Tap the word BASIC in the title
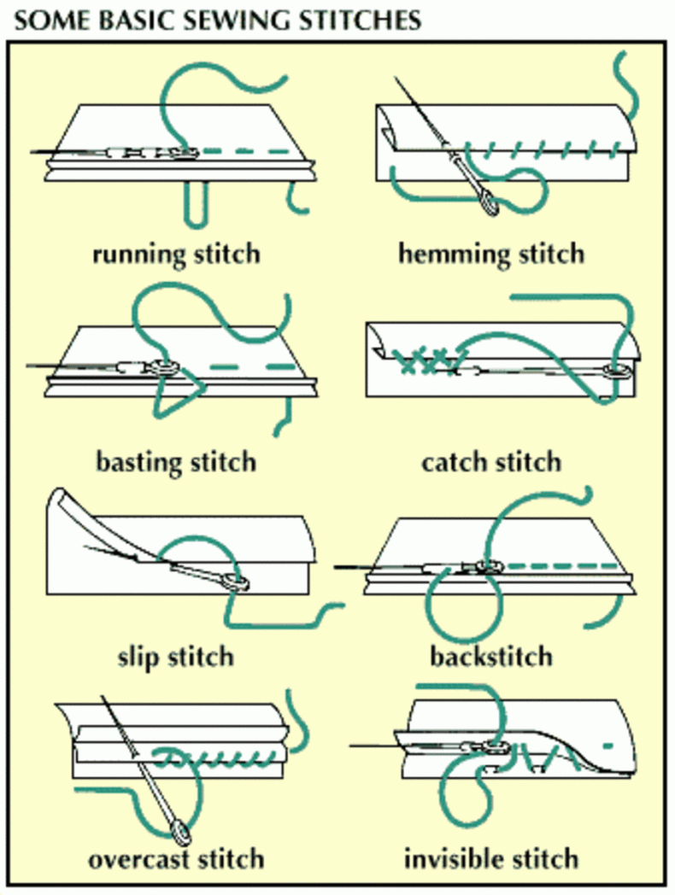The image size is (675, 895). [138, 20]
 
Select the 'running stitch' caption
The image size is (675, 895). [177, 254]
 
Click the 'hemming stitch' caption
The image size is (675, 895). [491, 254]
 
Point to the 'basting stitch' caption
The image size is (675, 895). [176, 462]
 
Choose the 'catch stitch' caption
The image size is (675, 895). [491, 462]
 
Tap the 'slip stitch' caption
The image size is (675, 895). [176, 657]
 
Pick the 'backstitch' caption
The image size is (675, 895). [491, 657]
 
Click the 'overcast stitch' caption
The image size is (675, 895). [176, 859]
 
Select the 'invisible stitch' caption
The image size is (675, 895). [491, 859]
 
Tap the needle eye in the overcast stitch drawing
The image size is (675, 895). [180, 832]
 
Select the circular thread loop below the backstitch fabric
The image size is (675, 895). [466, 604]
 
